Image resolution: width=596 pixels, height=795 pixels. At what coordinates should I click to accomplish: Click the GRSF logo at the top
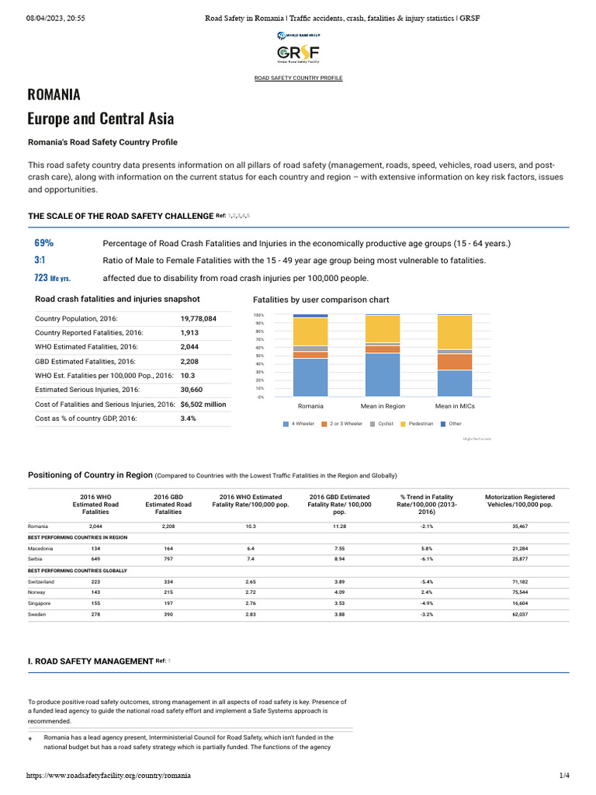[299, 51]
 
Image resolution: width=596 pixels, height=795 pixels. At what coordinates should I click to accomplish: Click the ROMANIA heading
[54, 95]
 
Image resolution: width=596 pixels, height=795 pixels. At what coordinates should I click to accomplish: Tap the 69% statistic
[44, 243]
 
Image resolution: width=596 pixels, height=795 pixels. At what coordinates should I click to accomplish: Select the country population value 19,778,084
[198, 318]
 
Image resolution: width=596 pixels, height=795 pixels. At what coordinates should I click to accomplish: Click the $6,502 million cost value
[203, 404]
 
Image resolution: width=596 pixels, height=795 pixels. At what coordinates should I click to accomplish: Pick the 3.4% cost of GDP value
[189, 418]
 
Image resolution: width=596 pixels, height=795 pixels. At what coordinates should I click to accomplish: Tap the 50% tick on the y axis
[260, 356]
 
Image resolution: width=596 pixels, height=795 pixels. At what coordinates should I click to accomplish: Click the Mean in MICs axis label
[454, 406]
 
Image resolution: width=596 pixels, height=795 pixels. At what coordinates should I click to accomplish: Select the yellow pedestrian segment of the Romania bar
[310, 331]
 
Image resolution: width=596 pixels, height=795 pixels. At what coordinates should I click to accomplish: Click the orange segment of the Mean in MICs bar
[454, 362]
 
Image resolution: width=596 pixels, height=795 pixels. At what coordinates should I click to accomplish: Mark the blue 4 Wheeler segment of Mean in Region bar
[383, 375]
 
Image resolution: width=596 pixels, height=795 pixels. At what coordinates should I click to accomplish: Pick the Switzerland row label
[42, 581]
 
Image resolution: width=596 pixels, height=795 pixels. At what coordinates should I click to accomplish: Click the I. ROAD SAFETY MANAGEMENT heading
[90, 661]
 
